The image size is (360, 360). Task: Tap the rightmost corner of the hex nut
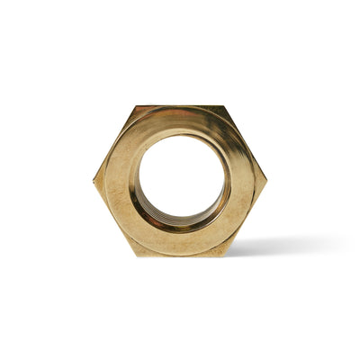pyautogui.click(x=267, y=179)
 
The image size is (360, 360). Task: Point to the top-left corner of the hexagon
pyautogui.click(x=138, y=106)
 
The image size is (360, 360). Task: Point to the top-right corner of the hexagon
pyautogui.click(x=224, y=106)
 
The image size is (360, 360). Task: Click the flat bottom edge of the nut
pyautogui.click(x=181, y=256)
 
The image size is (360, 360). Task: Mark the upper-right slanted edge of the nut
pyautogui.click(x=246, y=142)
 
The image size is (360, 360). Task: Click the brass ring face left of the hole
pyautogui.click(x=120, y=180)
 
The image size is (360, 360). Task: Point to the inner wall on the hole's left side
pyautogui.click(x=137, y=184)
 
